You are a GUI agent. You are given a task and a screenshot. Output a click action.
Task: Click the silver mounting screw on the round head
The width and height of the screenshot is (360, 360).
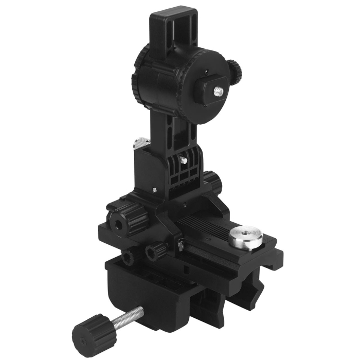click(217, 92)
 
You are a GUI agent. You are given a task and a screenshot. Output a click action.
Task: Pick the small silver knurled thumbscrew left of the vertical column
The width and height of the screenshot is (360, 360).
click(142, 142)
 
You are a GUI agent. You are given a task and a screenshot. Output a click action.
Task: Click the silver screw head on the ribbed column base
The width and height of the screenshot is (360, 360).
click(184, 160)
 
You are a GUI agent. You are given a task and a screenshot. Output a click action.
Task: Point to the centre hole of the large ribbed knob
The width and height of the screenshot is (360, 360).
click(119, 223)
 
